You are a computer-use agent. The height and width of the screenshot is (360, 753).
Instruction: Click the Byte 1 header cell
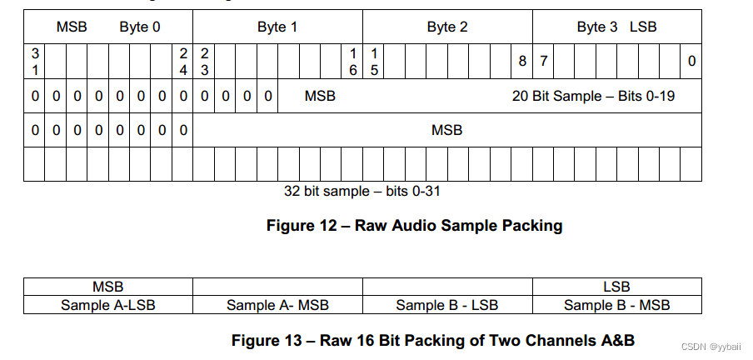pos(277,27)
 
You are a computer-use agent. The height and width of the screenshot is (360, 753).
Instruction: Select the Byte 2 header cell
pos(447,27)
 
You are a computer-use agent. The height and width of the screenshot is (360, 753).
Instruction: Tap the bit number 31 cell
pos(35,62)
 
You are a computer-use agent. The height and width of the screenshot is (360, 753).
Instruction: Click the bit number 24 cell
pos(183,62)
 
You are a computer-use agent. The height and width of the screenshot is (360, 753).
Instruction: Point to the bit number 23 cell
pos(204,62)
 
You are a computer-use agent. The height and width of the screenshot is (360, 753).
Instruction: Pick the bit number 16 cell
pos(352,62)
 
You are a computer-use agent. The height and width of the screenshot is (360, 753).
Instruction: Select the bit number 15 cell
pos(374,62)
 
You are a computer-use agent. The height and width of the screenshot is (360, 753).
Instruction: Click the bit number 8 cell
pos(522,62)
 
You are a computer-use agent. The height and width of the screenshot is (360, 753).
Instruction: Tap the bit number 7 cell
pos(543,62)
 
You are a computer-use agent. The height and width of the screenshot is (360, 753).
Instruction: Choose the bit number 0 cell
pos(691,62)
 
